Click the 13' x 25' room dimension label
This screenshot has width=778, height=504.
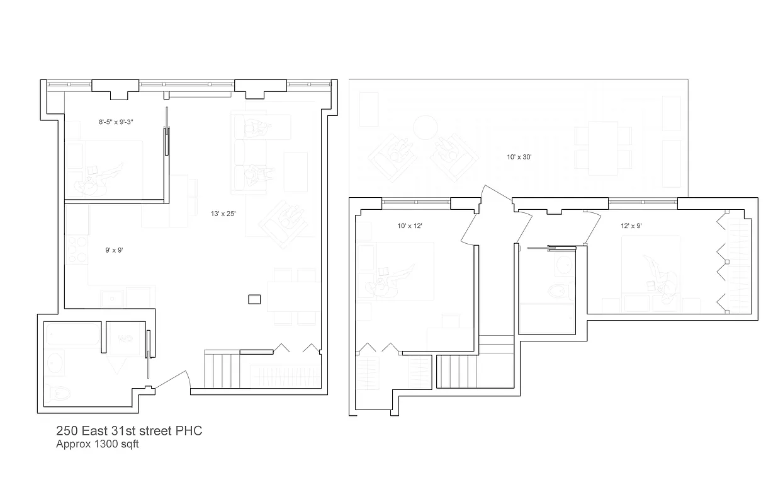[x=223, y=214]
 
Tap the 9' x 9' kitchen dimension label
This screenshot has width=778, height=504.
[x=114, y=250]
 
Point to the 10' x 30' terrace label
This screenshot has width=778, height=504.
[x=519, y=157]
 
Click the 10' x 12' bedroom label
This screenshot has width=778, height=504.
[x=409, y=226]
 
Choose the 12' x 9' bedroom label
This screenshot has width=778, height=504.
[x=631, y=226]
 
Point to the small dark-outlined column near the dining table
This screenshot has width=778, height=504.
[x=254, y=300]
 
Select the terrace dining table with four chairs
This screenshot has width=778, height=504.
[x=602, y=147]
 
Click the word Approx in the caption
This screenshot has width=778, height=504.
[x=72, y=444]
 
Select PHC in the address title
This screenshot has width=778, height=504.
[x=189, y=432]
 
